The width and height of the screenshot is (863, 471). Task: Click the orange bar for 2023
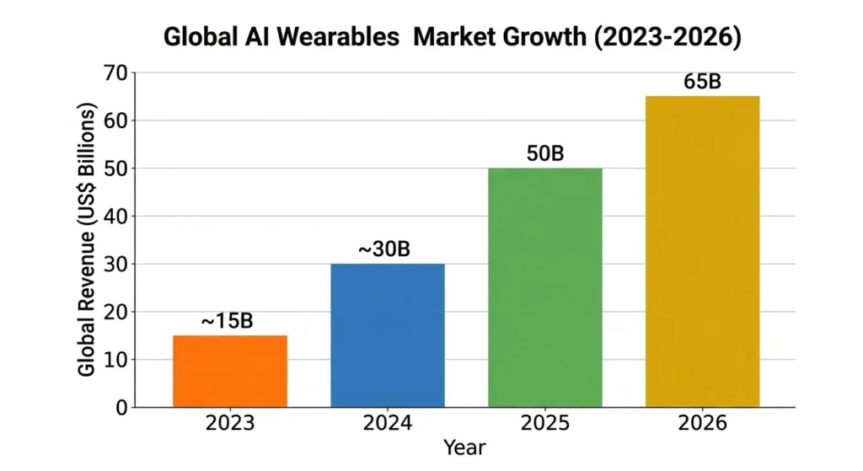pyautogui.click(x=229, y=372)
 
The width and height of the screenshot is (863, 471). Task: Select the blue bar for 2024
pyautogui.click(x=387, y=335)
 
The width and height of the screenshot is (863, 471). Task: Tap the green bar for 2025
pyautogui.click(x=545, y=287)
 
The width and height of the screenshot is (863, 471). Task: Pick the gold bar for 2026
pyautogui.click(x=702, y=252)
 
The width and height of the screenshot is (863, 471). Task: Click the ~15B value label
pyautogui.click(x=227, y=321)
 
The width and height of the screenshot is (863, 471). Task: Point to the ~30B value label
pyautogui.click(x=386, y=249)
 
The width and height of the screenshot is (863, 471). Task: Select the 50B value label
pyautogui.click(x=544, y=154)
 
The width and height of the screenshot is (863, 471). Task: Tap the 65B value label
pyautogui.click(x=702, y=83)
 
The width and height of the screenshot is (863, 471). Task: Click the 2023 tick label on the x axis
pyautogui.click(x=230, y=424)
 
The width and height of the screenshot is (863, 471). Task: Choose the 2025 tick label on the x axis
pyautogui.click(x=545, y=424)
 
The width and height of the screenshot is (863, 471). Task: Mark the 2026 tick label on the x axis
pyautogui.click(x=702, y=424)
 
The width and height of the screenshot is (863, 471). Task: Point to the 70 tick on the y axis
pyautogui.click(x=115, y=73)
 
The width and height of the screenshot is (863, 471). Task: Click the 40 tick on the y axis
pyautogui.click(x=115, y=217)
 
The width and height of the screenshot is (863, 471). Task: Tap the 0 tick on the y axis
pyautogui.click(x=121, y=408)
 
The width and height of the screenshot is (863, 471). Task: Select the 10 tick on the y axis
pyautogui.click(x=115, y=360)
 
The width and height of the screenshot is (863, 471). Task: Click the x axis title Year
pyautogui.click(x=466, y=447)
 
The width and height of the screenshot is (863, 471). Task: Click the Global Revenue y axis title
pyautogui.click(x=87, y=240)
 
